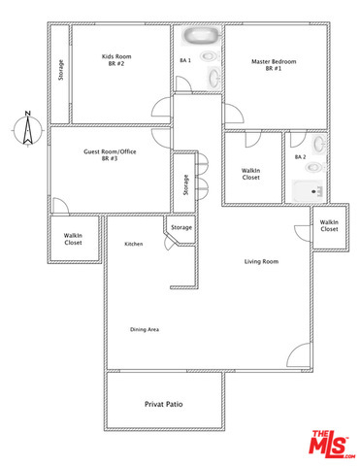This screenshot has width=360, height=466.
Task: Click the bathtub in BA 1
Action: (x=201, y=36)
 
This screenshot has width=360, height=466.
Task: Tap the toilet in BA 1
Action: (x=210, y=56)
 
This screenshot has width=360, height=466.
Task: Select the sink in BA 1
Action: (x=213, y=78)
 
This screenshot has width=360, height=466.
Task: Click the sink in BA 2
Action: (x=319, y=143)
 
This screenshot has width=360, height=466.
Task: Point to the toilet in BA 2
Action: (x=315, y=167)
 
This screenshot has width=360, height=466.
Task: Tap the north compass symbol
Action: (x=28, y=129)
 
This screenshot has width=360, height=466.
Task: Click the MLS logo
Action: (x=332, y=444)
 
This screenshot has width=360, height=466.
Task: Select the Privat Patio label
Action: (x=164, y=404)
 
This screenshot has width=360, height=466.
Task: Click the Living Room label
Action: (x=261, y=261)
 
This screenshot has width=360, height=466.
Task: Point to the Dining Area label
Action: (x=145, y=329)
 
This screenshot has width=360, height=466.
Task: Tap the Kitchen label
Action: (x=134, y=244)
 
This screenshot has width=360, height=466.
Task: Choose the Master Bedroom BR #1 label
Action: (x=274, y=65)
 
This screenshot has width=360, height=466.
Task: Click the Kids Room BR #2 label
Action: (x=116, y=60)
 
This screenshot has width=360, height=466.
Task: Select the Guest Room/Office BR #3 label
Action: (x=110, y=155)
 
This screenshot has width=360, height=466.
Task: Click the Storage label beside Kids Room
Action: (x=60, y=70)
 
